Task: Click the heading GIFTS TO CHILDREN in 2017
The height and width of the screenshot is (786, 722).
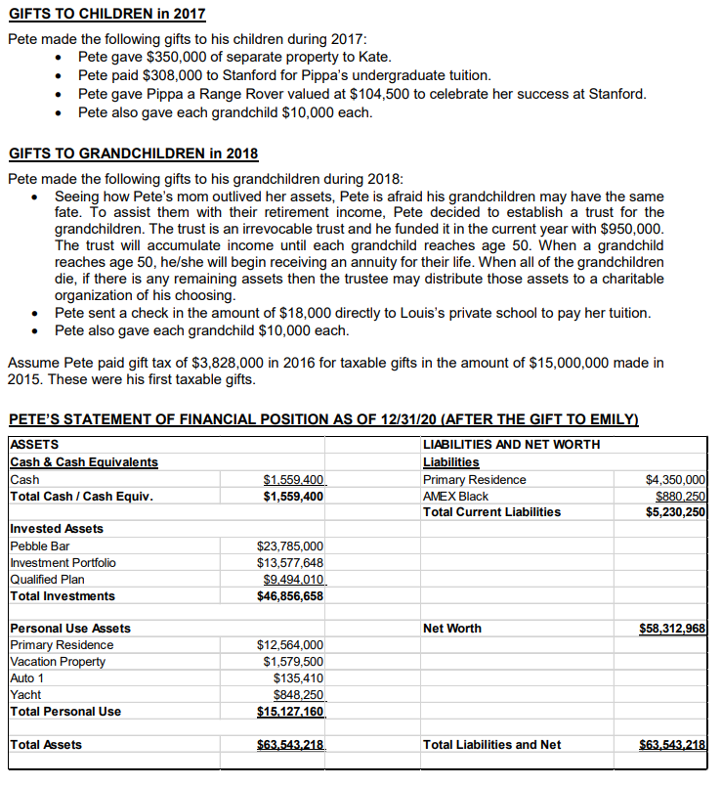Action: [106, 16]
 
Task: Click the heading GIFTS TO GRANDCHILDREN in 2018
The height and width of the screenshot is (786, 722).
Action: [132, 153]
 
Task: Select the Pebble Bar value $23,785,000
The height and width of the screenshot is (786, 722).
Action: [290, 546]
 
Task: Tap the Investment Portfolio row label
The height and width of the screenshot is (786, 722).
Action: [63, 562]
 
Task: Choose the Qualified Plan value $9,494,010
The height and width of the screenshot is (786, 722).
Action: [294, 579]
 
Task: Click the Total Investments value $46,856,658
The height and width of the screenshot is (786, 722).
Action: [290, 596]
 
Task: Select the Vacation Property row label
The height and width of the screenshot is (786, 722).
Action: [58, 661]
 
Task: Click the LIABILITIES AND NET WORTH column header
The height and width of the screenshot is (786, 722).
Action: [511, 445]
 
